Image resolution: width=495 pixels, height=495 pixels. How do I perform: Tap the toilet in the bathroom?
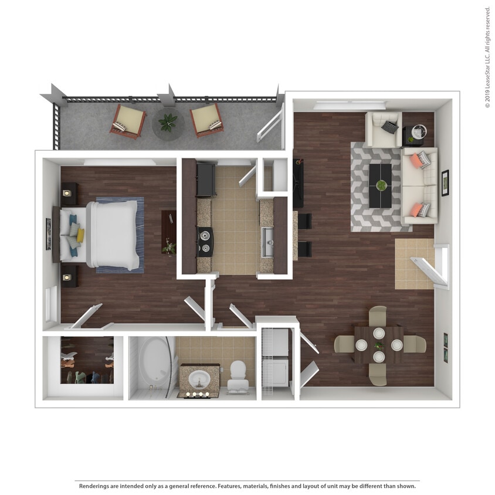coord(238,375)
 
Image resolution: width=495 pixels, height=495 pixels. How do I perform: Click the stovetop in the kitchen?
coord(204,241)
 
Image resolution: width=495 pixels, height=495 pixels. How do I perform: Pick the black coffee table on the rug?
coord(381,185)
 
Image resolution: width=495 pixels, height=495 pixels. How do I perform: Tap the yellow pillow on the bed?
coord(80,235)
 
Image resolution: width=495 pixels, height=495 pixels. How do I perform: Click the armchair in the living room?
coord(384,129)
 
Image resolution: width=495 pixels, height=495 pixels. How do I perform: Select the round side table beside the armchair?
coord(418,133)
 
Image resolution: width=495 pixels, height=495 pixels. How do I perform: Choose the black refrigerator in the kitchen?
coord(206,179)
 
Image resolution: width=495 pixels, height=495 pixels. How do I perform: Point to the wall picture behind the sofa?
coord(445,183)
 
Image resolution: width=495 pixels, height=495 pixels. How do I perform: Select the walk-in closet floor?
coord(87,359)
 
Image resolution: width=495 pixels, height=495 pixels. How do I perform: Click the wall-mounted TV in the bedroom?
coord(49,233)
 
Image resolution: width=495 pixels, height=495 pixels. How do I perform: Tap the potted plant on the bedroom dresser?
coord(169,247)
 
